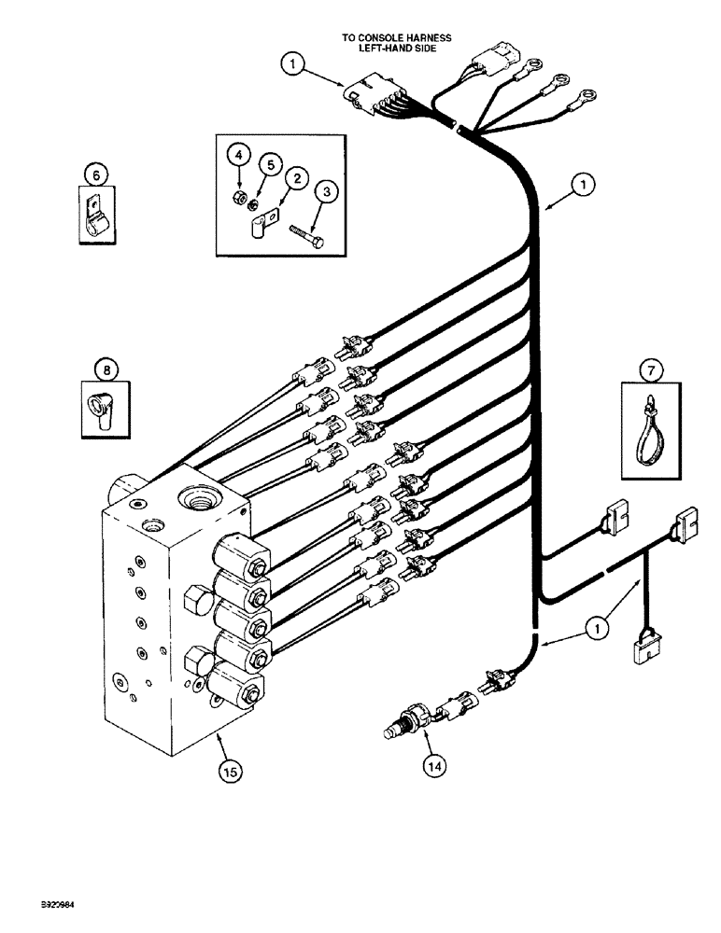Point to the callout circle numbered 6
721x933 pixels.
[94, 173]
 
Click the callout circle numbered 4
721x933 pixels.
[238, 152]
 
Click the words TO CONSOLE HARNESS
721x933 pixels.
[396, 38]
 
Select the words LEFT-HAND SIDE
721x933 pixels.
[396, 49]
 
